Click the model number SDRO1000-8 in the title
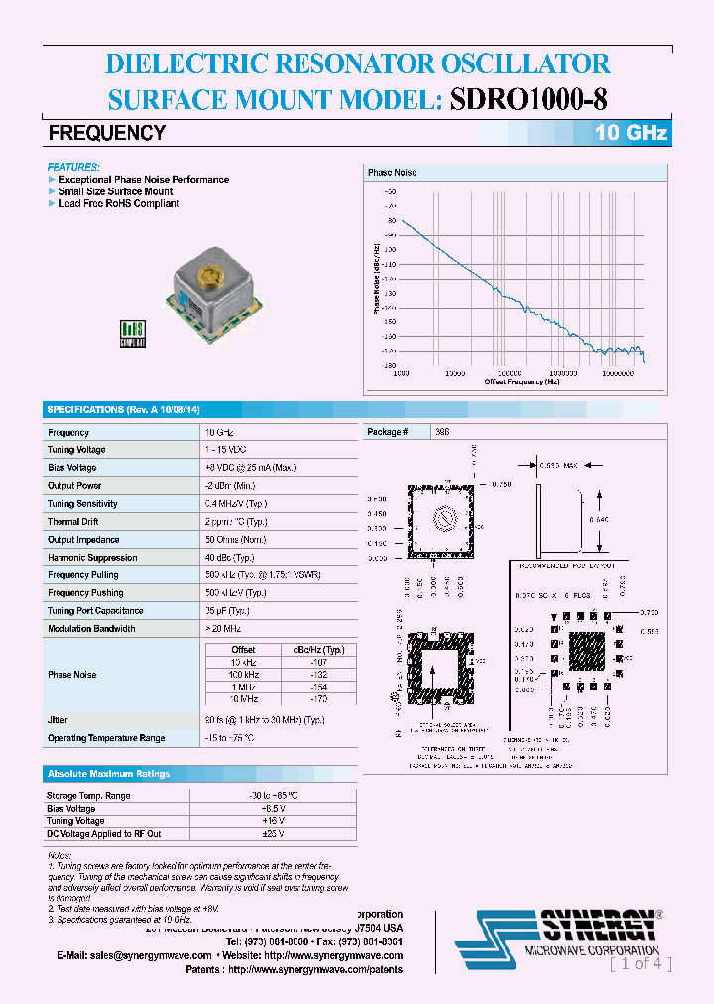tap(531, 99)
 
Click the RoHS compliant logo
tap(133, 333)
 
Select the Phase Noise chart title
tap(393, 173)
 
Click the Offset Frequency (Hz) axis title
tap(522, 381)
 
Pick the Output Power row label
tap(74, 486)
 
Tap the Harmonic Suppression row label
tap(92, 558)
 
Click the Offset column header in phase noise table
tap(243, 650)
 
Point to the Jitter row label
tap(58, 720)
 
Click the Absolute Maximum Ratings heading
tap(108, 774)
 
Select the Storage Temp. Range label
tap(88, 796)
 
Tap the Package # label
tap(385, 432)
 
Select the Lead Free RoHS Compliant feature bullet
tap(119, 204)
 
